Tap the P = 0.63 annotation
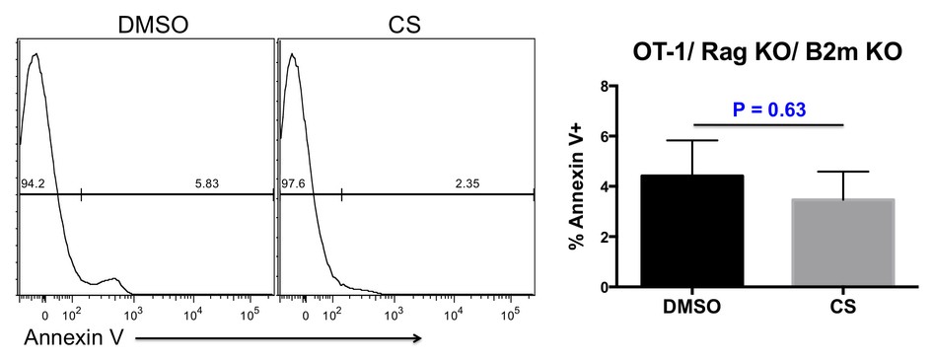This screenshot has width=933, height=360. (768, 108)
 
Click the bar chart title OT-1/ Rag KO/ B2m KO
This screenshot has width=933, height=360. (768, 56)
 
